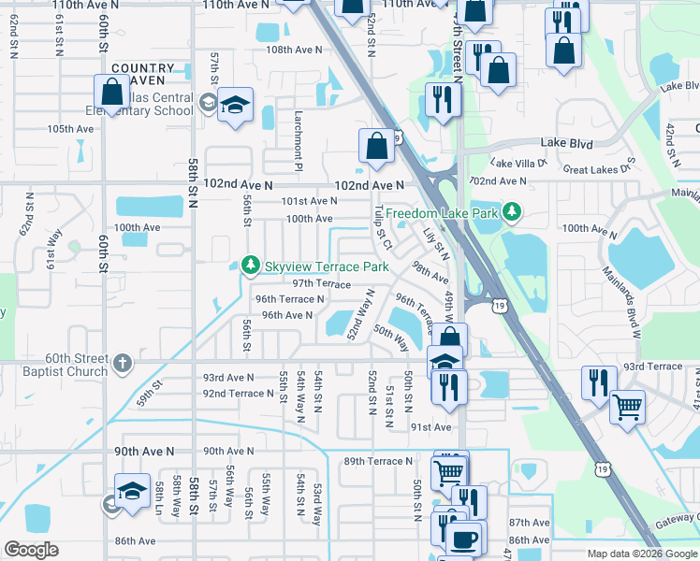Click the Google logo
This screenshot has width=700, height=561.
pyautogui.click(x=31, y=550)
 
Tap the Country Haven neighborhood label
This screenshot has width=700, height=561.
pyautogui.click(x=142, y=75)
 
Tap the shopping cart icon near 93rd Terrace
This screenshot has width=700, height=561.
pyautogui.click(x=627, y=405)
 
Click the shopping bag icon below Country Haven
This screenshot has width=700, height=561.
pyautogui.click(x=111, y=93)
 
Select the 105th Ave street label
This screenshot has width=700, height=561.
pyautogui.click(x=71, y=129)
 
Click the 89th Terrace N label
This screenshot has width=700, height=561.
pyautogui.click(x=378, y=461)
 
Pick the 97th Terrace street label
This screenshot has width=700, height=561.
pyautogui.click(x=321, y=283)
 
